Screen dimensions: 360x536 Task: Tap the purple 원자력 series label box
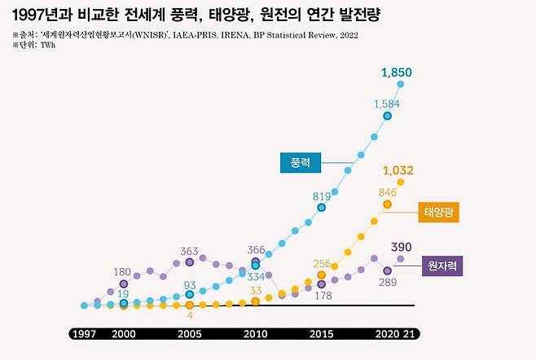442,266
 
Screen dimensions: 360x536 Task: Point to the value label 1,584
386,103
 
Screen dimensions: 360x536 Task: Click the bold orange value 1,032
398,171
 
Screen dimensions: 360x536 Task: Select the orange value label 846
387,191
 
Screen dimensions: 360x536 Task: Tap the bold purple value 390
401,247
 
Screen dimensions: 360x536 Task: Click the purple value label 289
388,282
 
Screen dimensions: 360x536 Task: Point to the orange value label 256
322,263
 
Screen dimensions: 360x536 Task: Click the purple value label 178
322,296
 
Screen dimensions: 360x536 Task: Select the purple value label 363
190,251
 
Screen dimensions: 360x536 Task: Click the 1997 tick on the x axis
85,334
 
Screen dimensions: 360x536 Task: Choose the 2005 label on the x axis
189,334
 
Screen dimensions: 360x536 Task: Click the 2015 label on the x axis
321,334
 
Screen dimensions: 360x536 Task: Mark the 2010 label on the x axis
255,334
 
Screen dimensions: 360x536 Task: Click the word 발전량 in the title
357,15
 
